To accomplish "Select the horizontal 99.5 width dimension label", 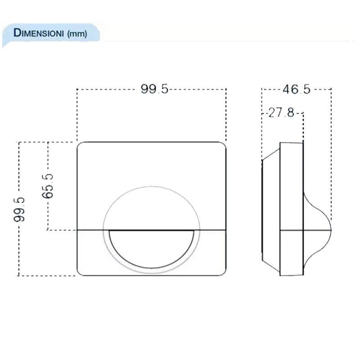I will tap(154, 89).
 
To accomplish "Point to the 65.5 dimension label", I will tap(48, 186).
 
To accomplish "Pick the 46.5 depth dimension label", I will tap(296, 89).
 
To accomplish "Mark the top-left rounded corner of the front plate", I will tap(81, 146).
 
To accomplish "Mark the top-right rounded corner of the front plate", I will tap(222, 146).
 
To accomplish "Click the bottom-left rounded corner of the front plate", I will tap(81, 272).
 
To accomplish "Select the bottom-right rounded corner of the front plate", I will tap(222, 272).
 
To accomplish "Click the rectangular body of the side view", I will tap(292, 209).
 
